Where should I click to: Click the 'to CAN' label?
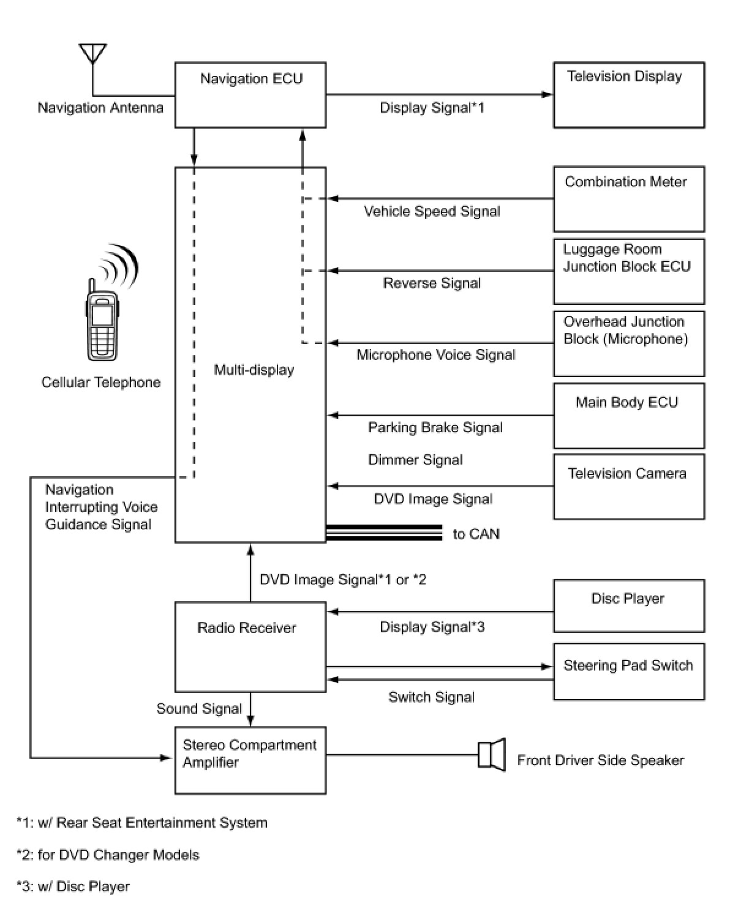(476, 534)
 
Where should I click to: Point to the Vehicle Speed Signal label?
(432, 211)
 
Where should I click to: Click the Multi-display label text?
(254, 370)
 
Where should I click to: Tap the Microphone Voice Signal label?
(436, 355)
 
